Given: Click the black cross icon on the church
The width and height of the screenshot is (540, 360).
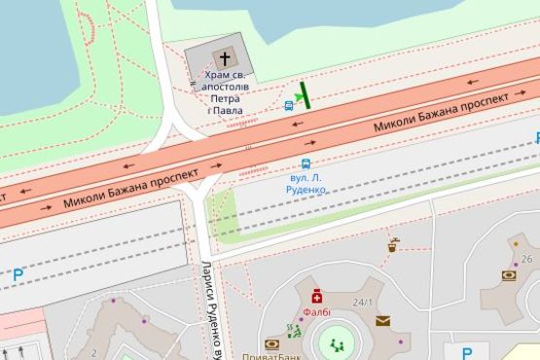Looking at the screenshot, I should pyautogui.click(x=225, y=56).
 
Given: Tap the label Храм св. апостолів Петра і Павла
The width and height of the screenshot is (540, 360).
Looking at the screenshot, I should pyautogui.click(x=225, y=91).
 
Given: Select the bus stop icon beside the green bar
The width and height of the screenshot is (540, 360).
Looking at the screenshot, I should pyautogui.click(x=290, y=105).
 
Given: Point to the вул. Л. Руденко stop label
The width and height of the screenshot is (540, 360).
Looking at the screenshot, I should pyautogui.click(x=308, y=184).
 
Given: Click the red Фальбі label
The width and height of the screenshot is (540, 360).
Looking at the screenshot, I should pyautogui.click(x=316, y=312).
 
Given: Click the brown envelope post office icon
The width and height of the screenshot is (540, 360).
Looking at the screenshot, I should pyautogui.click(x=382, y=319).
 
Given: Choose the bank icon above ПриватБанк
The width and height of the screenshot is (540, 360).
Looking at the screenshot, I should pyautogui.click(x=270, y=342).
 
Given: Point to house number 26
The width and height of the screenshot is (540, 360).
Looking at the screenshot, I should pyautogui.click(x=526, y=259).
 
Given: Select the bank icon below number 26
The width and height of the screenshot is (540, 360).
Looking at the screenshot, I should pyautogui.click(x=509, y=275).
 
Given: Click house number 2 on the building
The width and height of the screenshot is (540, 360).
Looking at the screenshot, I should pyautogui.click(x=94, y=352).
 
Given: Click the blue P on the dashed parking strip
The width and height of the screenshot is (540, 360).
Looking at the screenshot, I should pyautogui.click(x=18, y=275).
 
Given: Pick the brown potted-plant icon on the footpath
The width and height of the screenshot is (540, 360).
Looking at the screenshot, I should pyautogui.click(x=393, y=244).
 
